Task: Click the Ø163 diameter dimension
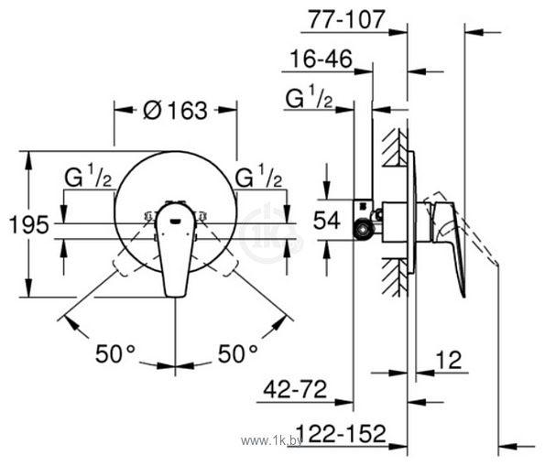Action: click(175, 111)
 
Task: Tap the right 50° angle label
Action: click(236, 351)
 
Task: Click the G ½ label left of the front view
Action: click(88, 176)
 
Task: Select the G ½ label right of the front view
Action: click(257, 176)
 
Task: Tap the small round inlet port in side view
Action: click(365, 229)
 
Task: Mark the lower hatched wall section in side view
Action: click(395, 275)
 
